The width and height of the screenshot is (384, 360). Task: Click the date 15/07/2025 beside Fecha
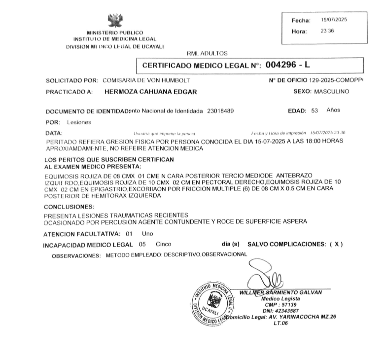(334, 20)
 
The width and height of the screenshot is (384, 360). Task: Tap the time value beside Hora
(327, 31)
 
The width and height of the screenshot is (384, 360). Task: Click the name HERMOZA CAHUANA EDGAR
(151, 92)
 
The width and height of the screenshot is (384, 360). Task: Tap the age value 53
(314, 111)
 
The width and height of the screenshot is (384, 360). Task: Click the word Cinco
(164, 244)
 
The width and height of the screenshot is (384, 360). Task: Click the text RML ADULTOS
(207, 52)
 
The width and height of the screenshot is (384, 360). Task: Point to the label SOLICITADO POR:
(71, 80)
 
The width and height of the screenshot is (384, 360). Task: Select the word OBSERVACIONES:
(76, 255)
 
